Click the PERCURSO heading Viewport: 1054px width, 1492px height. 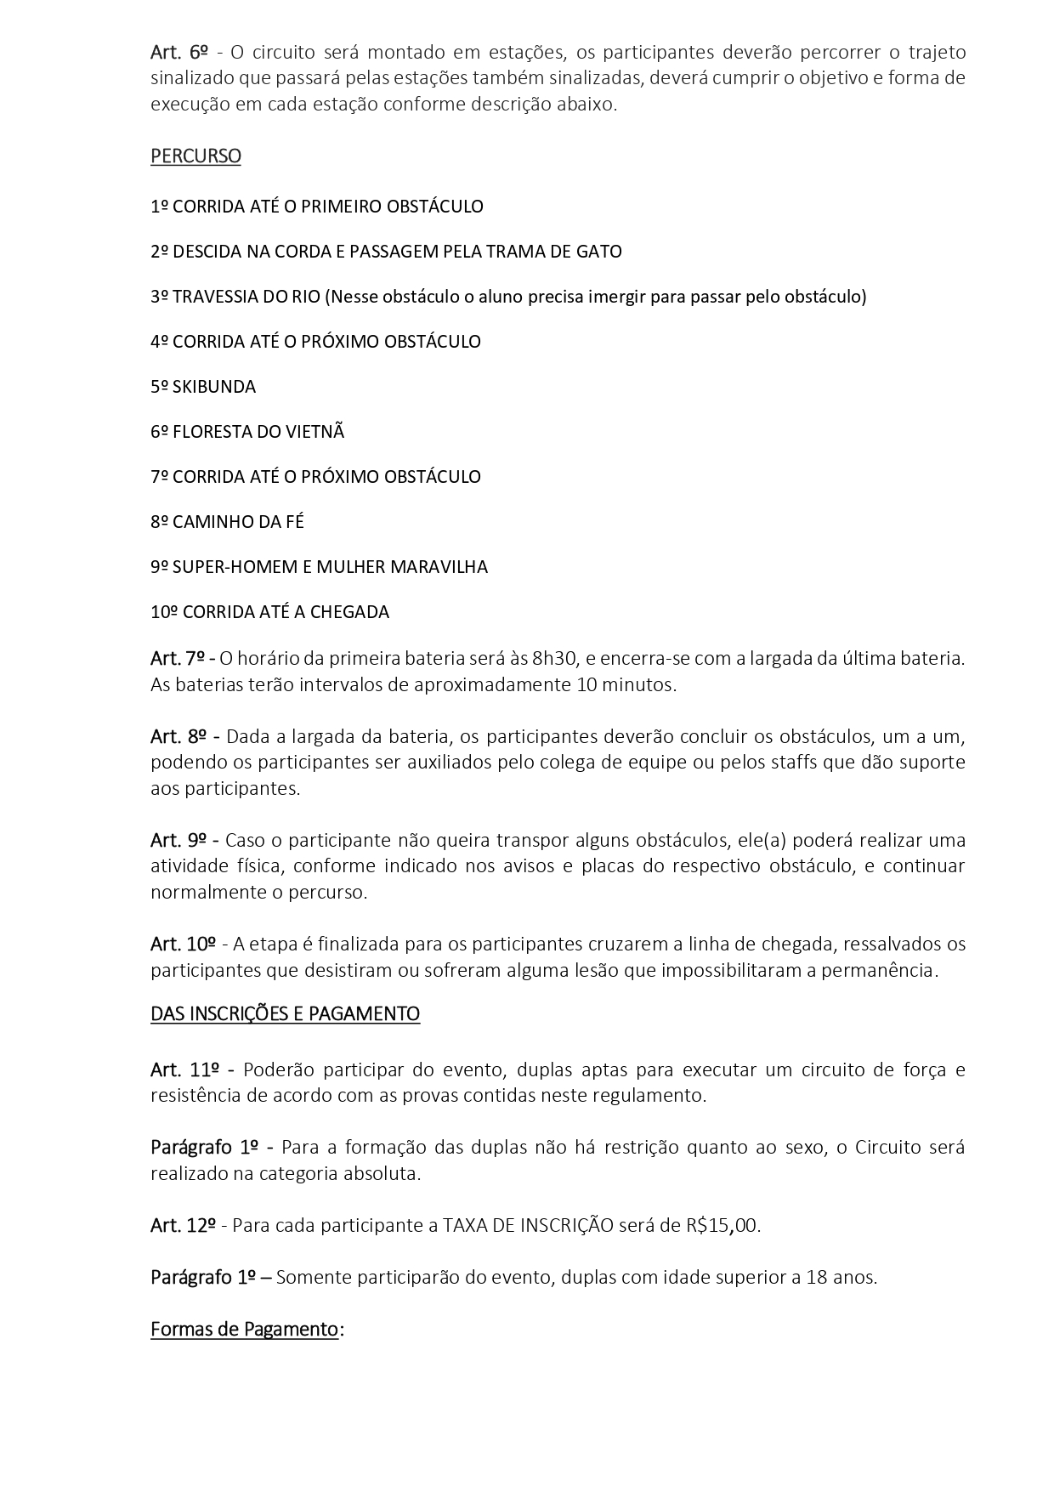195,156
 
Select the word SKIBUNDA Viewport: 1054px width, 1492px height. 213,387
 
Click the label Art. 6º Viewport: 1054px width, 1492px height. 179,53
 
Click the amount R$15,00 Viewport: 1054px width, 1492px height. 722,1226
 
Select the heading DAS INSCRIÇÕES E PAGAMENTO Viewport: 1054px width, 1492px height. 285,1014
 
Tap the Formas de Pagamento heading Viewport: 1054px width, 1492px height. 244,1330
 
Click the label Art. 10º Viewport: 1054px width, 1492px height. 183,945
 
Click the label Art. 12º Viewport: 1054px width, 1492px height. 183,1226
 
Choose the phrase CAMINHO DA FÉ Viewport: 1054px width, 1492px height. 238,522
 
